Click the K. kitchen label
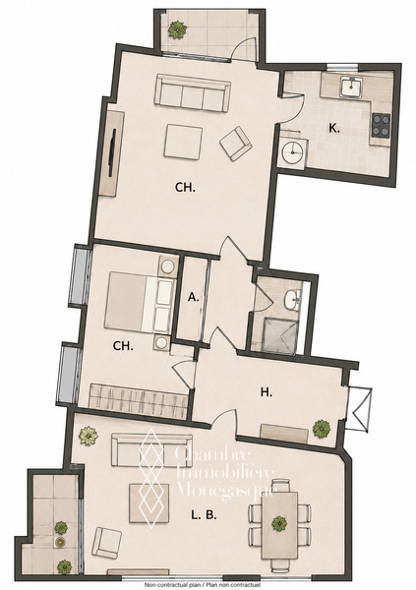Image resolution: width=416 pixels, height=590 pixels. (334, 129)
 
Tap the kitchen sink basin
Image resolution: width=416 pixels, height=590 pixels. (351, 87)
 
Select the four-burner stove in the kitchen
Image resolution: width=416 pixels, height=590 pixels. (381, 125)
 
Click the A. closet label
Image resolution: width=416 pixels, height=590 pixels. (193, 298)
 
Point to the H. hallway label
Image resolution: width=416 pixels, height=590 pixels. (267, 392)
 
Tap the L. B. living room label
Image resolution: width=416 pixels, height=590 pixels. (204, 515)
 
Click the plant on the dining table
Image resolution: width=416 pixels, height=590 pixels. (279, 524)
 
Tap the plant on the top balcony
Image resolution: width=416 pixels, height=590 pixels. (177, 29)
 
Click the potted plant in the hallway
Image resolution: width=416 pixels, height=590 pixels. (322, 429)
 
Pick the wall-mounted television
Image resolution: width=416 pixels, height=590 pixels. (112, 152)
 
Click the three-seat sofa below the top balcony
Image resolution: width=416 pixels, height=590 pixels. (193, 92)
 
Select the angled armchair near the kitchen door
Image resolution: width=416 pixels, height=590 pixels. (236, 144)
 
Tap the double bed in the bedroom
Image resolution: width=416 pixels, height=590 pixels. (140, 302)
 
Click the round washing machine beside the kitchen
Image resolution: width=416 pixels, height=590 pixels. (292, 152)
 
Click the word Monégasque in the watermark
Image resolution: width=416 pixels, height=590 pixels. (227, 490)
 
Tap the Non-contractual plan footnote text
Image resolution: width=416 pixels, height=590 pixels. (204, 585)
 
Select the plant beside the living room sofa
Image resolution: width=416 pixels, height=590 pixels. (89, 436)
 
